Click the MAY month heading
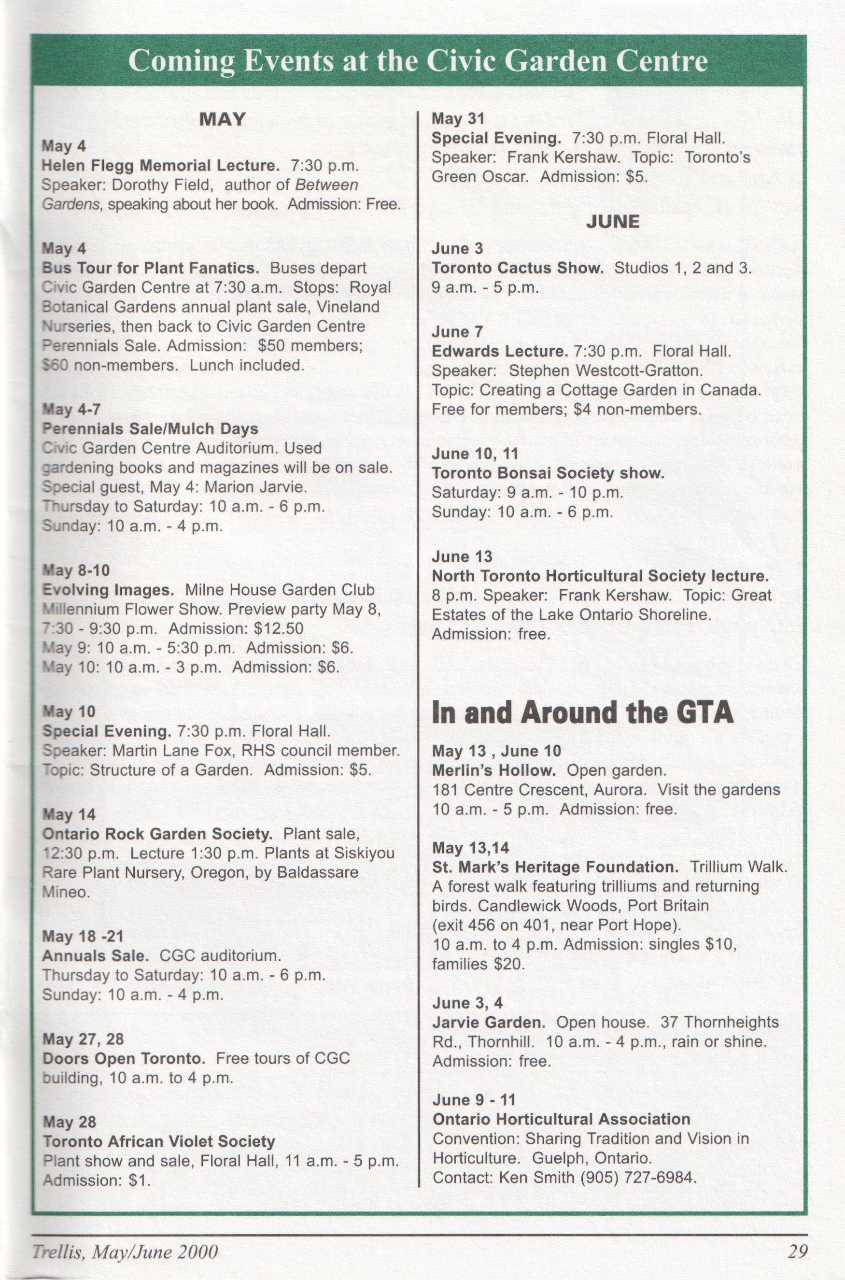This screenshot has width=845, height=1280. click(x=222, y=119)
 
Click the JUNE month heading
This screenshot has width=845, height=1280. click(x=613, y=222)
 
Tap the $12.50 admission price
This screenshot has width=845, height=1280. click(x=279, y=628)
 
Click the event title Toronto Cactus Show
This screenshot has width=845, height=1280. click(x=517, y=268)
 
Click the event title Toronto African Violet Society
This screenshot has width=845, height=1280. click(x=159, y=1141)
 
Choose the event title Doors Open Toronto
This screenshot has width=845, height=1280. click(x=124, y=1058)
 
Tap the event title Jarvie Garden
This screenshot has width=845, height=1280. click(x=489, y=1023)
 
